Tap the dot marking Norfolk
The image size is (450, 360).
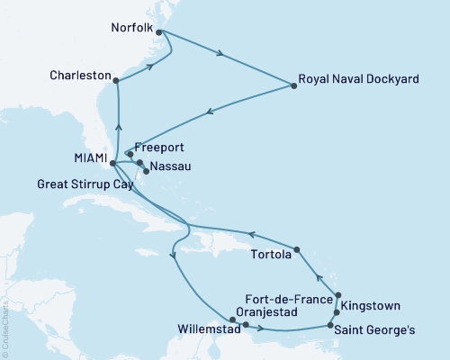(159, 31)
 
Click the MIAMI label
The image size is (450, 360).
(87, 163)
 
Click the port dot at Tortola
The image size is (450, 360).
(296, 249)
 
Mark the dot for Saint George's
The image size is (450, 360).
(330, 325)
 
